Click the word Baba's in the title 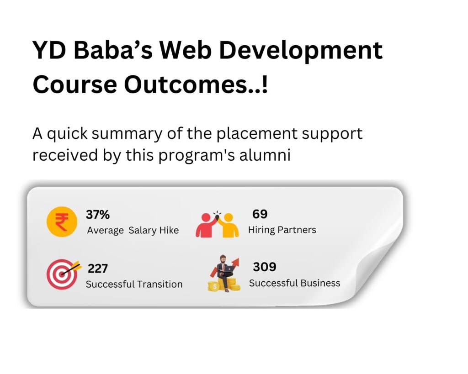click(x=113, y=50)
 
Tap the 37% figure click(x=98, y=215)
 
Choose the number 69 click(x=260, y=214)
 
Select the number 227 click(x=98, y=269)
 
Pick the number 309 click(x=265, y=267)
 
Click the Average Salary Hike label click(x=133, y=230)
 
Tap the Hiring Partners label click(x=282, y=230)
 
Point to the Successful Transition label click(x=134, y=284)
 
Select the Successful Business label click(x=295, y=283)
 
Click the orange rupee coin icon click(x=62, y=222)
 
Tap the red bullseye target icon click(x=62, y=274)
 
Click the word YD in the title click(x=49, y=50)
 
